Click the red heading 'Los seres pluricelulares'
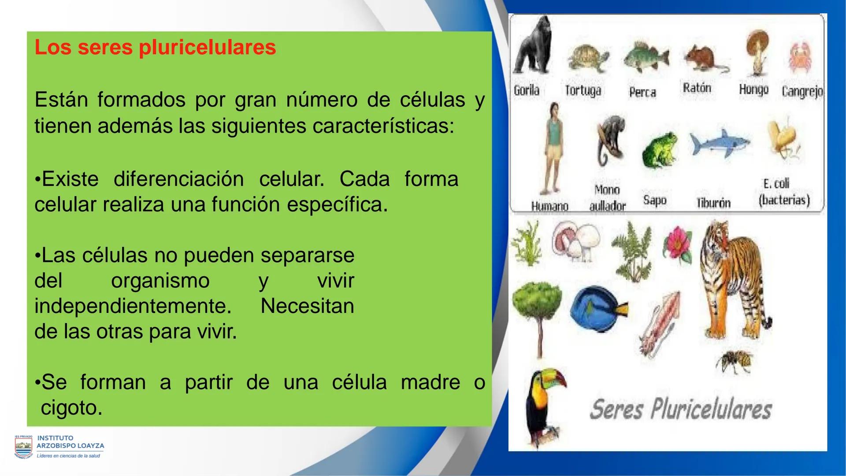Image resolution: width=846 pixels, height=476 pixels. [155, 48]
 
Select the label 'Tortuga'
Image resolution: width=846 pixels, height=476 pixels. [583, 91]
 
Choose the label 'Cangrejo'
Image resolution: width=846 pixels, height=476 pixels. [802, 92]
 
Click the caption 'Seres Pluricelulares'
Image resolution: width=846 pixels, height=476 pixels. [681, 409]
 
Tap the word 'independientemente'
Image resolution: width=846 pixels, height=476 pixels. [133, 306]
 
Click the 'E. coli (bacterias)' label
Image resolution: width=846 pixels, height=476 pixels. [784, 192]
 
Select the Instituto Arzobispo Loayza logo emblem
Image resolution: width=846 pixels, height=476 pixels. [23, 446]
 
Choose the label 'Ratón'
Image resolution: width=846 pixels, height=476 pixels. [697, 88]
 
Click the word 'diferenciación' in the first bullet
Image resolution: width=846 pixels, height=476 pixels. [178, 179]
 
